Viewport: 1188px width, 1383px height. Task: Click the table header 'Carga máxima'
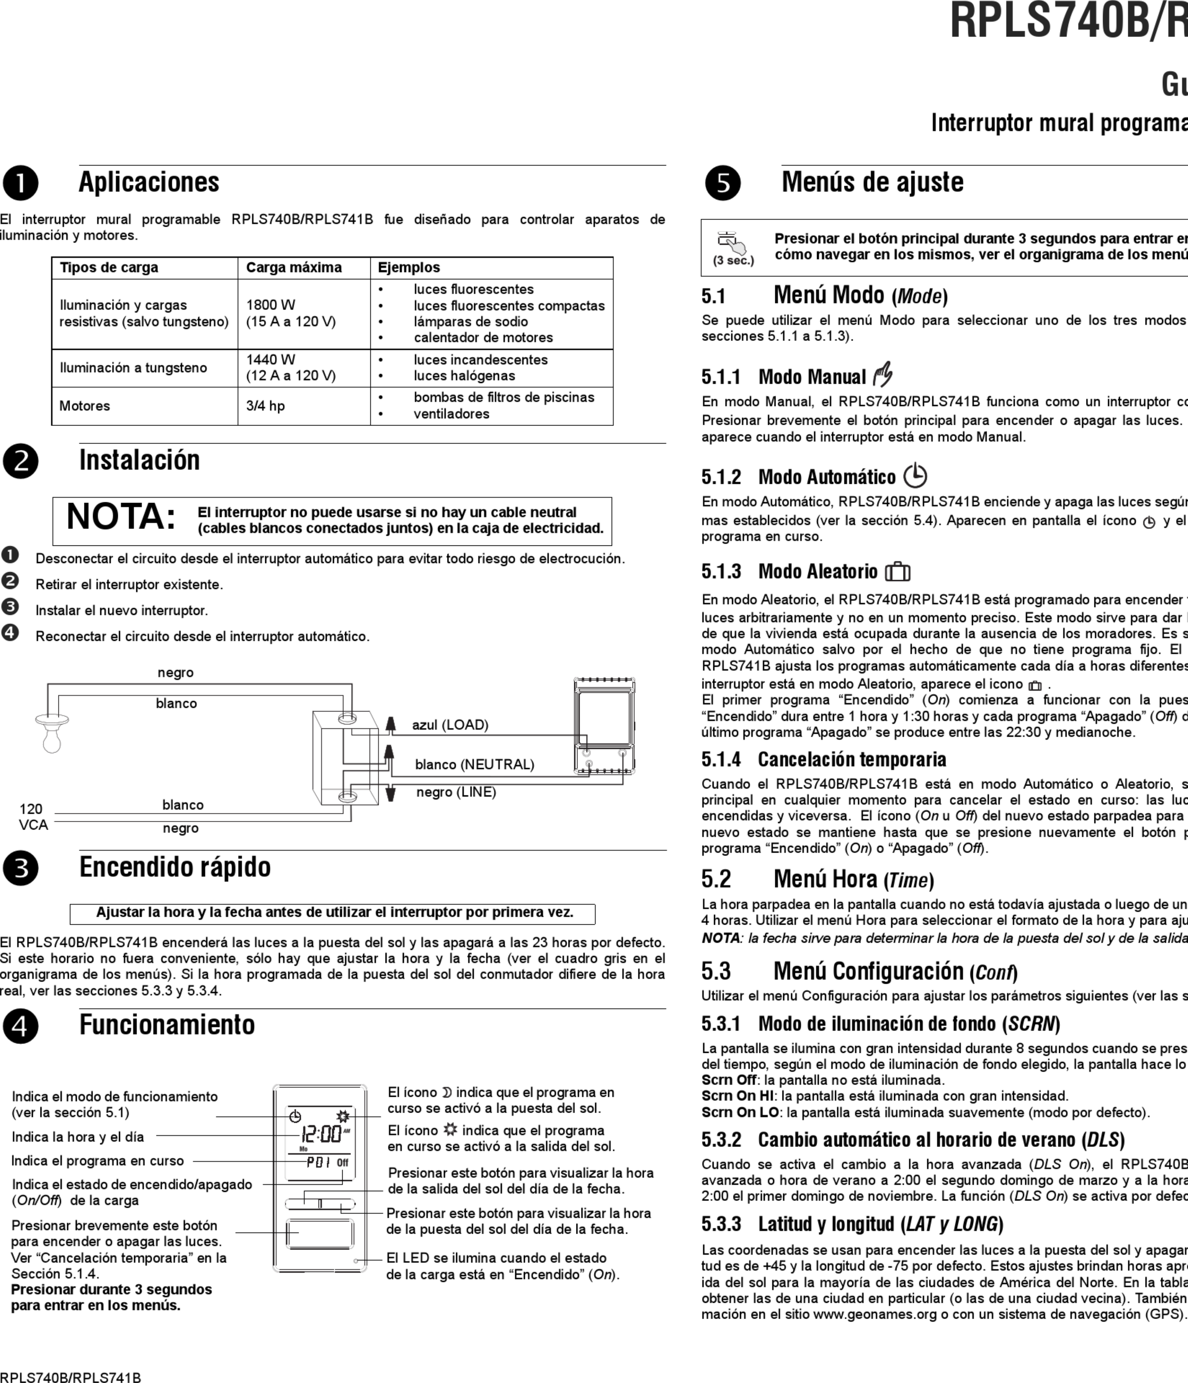294,268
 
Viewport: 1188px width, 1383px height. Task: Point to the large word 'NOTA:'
121,517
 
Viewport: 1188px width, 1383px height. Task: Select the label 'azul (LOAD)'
450,725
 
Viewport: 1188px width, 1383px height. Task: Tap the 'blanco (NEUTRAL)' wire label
474,764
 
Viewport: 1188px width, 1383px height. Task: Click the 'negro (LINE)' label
456,792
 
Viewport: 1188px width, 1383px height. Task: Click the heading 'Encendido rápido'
175,867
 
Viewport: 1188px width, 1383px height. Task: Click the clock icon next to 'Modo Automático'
915,476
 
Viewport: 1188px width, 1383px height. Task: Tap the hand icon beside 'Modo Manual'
883,374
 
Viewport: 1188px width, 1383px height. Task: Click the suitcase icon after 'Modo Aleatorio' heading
898,572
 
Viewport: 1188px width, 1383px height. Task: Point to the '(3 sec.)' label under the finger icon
733,260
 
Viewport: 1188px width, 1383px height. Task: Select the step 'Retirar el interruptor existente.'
129,585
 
